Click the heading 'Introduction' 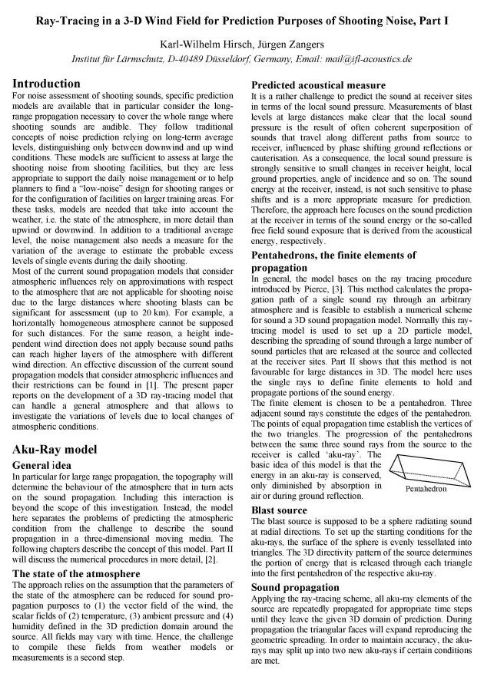[46, 83]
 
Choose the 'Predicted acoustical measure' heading [319, 84]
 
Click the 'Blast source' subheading [280, 510]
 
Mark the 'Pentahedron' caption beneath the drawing [426, 487]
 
